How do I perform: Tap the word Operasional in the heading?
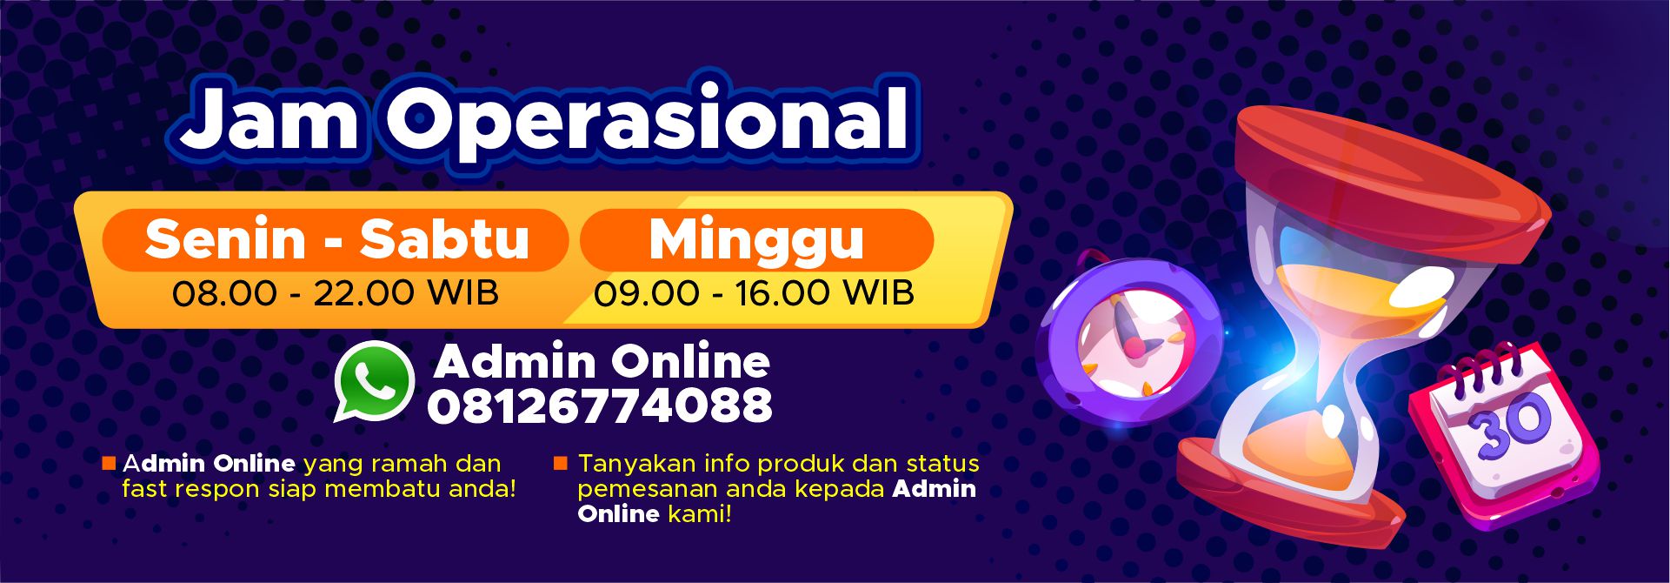pyautogui.click(x=648, y=121)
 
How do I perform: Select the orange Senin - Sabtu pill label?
pyautogui.click(x=336, y=239)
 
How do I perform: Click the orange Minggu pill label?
pyautogui.click(x=756, y=239)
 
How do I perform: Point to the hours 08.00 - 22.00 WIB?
pyautogui.click(x=336, y=293)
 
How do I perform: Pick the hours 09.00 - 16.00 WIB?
pyautogui.click(x=754, y=293)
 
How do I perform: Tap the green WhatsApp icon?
pyautogui.click(x=375, y=381)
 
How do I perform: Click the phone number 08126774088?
pyautogui.click(x=599, y=405)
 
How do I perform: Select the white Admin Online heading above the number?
pyautogui.click(x=602, y=361)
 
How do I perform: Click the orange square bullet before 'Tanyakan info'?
pyautogui.click(x=561, y=463)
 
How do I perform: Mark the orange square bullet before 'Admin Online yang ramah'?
pyautogui.click(x=109, y=463)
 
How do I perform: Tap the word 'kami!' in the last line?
pyautogui.click(x=700, y=514)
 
